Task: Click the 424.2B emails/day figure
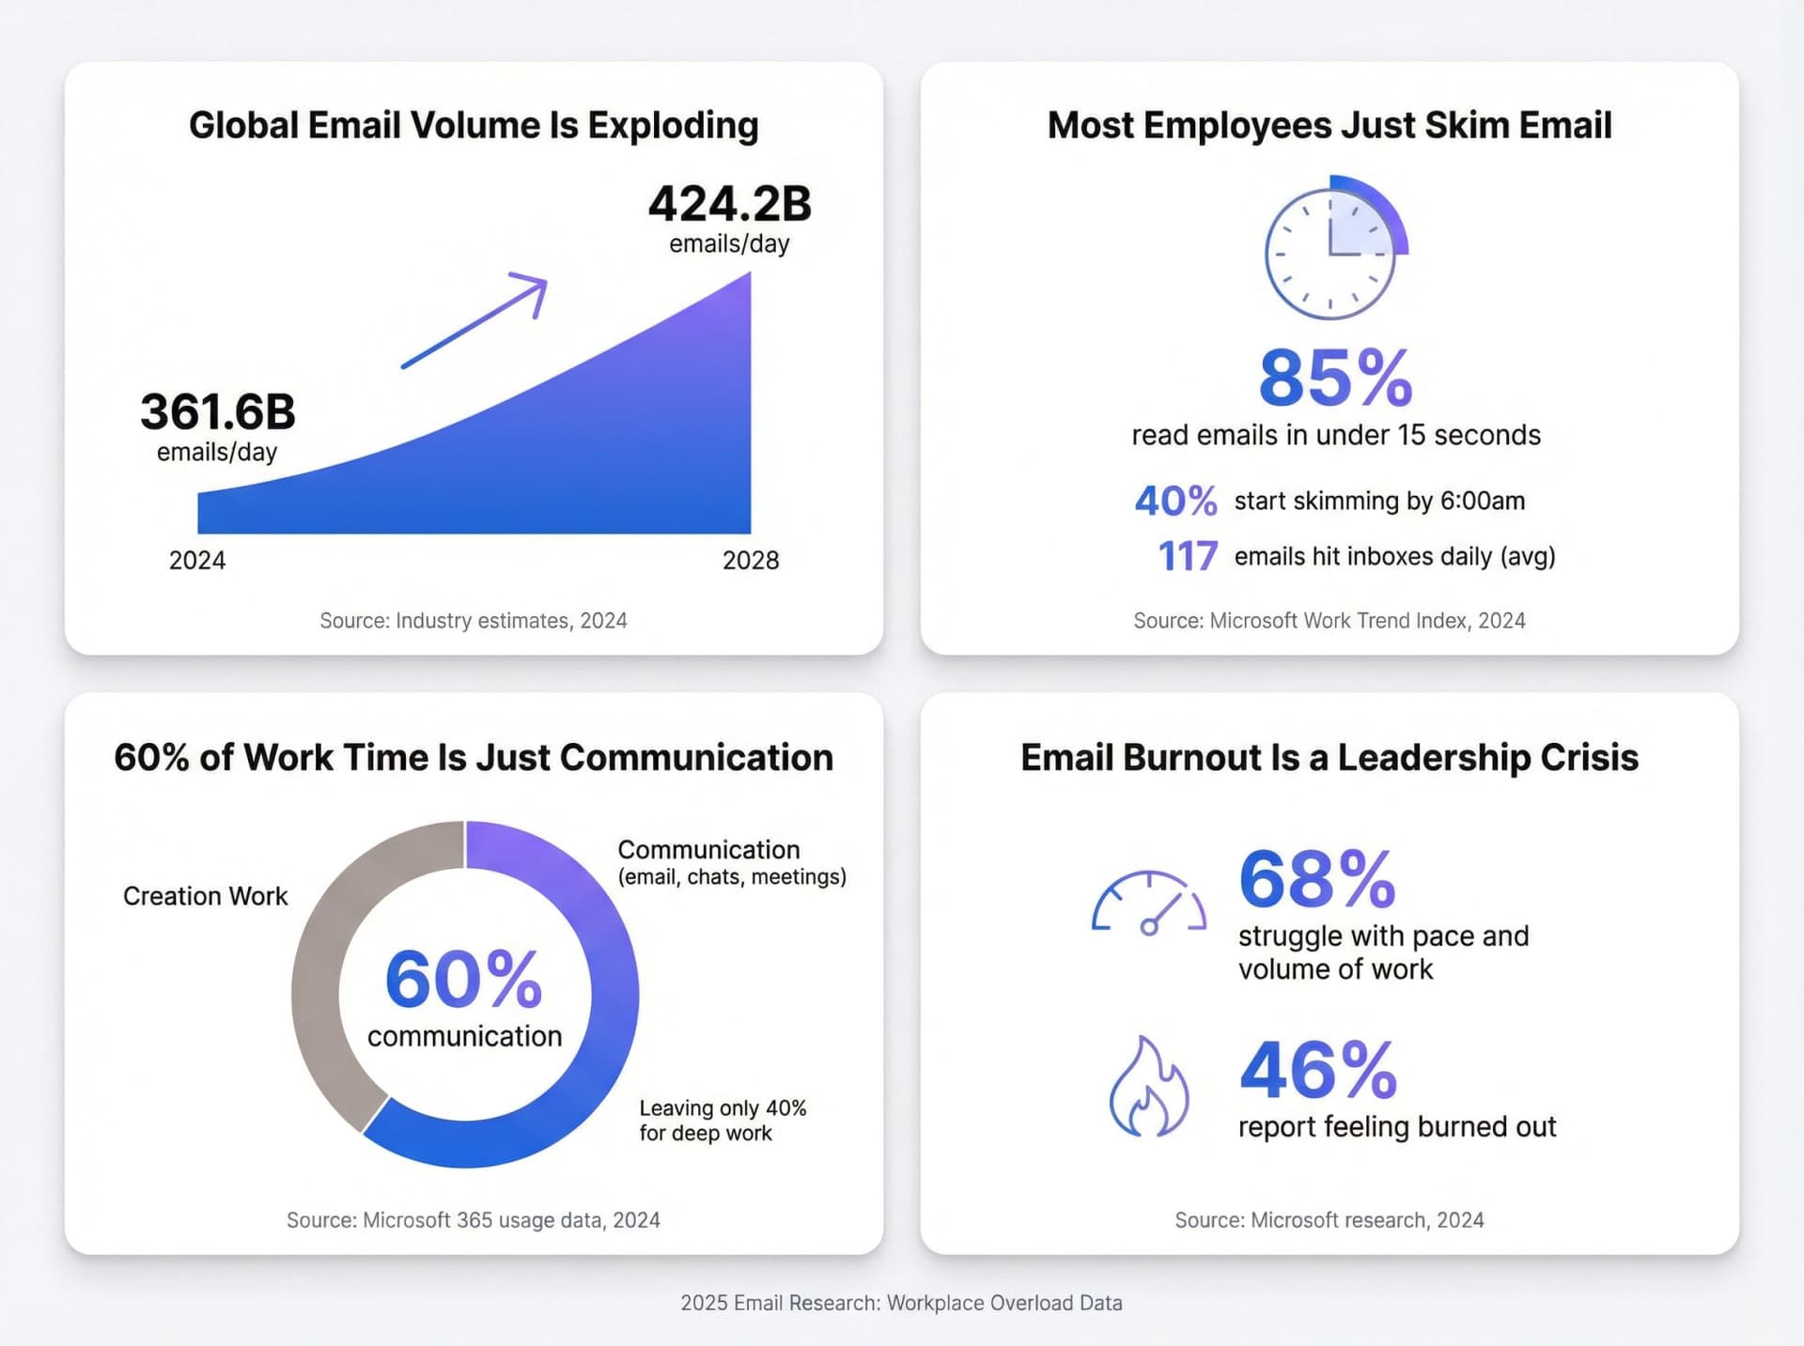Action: point(729,205)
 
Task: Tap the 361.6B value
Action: point(218,412)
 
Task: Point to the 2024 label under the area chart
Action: point(197,561)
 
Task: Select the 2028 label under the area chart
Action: point(751,561)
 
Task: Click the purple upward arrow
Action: point(475,320)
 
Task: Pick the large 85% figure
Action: point(1335,379)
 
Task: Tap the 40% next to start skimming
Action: point(1175,502)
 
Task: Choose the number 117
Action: point(1188,557)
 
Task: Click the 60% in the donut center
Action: point(464,980)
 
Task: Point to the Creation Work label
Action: point(205,896)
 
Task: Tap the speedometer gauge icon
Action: point(1148,904)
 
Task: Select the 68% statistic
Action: point(1317,880)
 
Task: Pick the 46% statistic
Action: point(1318,1071)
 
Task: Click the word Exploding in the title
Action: point(673,126)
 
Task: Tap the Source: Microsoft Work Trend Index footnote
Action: point(1329,621)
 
